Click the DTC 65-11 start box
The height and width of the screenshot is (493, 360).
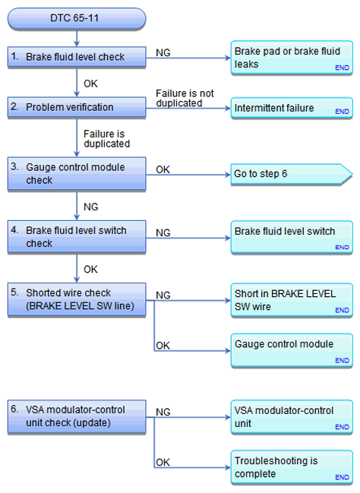pyautogui.click(x=77, y=18)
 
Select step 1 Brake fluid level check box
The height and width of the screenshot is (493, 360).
pyautogui.click(x=77, y=57)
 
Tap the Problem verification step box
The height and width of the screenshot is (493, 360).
pyautogui.click(x=77, y=107)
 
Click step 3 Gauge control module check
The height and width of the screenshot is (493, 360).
pyautogui.click(x=77, y=174)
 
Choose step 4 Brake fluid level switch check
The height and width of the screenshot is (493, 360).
pyautogui.click(x=77, y=237)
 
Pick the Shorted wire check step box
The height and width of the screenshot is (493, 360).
pyautogui.click(x=77, y=299)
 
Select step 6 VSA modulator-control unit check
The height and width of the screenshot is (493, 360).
pyautogui.click(x=77, y=416)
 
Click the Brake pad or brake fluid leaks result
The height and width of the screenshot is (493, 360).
pyautogui.click(x=292, y=58)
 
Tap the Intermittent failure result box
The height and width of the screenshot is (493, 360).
pyautogui.click(x=292, y=108)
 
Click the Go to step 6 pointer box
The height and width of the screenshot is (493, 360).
pyautogui.click(x=291, y=174)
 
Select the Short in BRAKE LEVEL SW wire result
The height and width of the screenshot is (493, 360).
pyautogui.click(x=292, y=300)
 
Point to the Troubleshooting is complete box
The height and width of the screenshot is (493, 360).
pyautogui.click(x=292, y=467)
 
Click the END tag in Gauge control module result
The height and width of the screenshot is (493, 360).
pyautogui.click(x=342, y=360)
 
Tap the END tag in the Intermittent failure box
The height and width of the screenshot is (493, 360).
pyautogui.click(x=342, y=112)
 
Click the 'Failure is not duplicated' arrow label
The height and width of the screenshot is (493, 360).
pyautogui.click(x=185, y=98)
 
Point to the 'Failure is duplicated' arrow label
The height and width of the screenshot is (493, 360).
pyautogui.click(x=106, y=139)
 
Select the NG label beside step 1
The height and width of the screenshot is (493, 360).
pyautogui.click(x=163, y=53)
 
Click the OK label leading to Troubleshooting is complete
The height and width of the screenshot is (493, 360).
pyautogui.click(x=163, y=463)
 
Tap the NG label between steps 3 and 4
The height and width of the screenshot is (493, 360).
pyautogui.click(x=91, y=207)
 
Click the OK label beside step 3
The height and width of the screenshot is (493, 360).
pyautogui.click(x=163, y=170)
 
